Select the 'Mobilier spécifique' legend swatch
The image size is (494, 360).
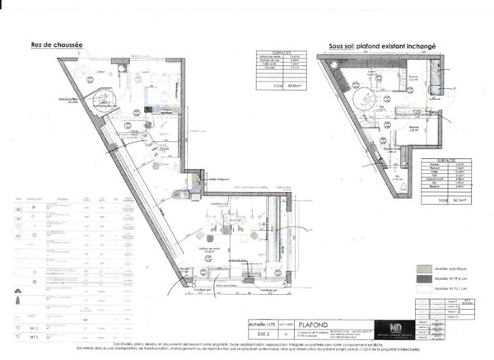pos(424,269)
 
